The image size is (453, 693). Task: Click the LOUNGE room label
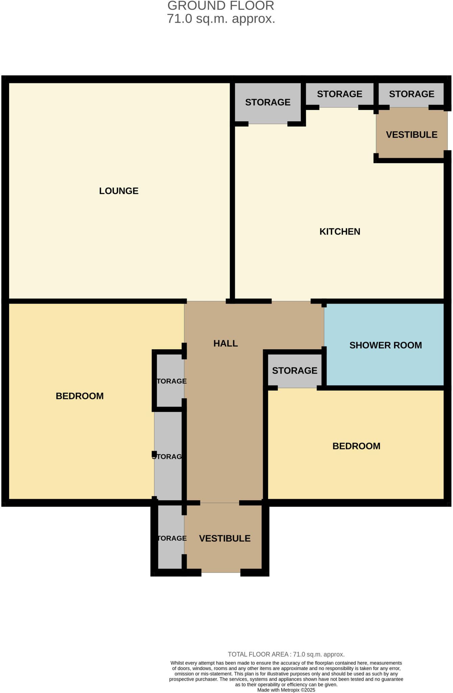[x=119, y=191]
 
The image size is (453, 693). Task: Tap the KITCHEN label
[x=340, y=231]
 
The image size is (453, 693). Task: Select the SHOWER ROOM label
[x=385, y=345]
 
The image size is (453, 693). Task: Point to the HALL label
[x=225, y=343]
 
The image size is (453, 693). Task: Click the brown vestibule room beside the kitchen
[x=411, y=135]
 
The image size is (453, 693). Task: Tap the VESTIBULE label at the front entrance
[x=225, y=538]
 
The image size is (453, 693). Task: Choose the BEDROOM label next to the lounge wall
[x=80, y=396]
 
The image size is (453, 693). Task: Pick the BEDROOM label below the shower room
[x=356, y=446]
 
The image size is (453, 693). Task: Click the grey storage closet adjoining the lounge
[x=268, y=102]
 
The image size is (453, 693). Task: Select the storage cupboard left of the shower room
[x=294, y=371]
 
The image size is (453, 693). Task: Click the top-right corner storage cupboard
[x=411, y=94]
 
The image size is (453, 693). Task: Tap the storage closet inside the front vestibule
[x=171, y=538]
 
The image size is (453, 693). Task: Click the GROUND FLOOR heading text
[x=221, y=6]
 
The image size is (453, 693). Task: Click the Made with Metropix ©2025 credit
[x=286, y=690]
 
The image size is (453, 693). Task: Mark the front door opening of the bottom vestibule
[x=221, y=572]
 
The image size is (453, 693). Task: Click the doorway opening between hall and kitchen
[x=291, y=301]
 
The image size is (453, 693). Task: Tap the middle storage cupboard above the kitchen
[x=339, y=94]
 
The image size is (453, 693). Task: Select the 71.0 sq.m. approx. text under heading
[x=221, y=19]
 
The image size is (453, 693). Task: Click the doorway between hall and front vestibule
[x=220, y=503]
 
